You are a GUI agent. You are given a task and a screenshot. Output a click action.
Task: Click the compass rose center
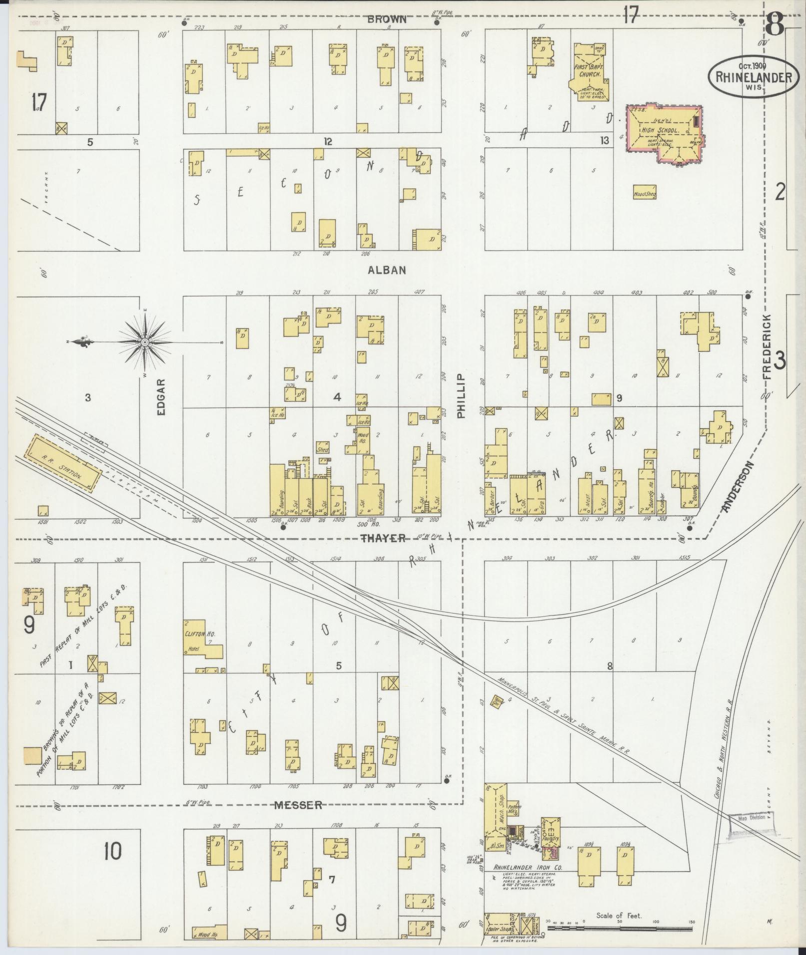144,342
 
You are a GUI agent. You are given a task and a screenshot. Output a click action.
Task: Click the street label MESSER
298,805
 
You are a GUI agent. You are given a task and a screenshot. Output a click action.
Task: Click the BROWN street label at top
387,19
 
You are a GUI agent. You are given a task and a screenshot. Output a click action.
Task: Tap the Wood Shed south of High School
644,193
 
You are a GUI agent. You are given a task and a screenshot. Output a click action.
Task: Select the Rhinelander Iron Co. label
528,868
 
